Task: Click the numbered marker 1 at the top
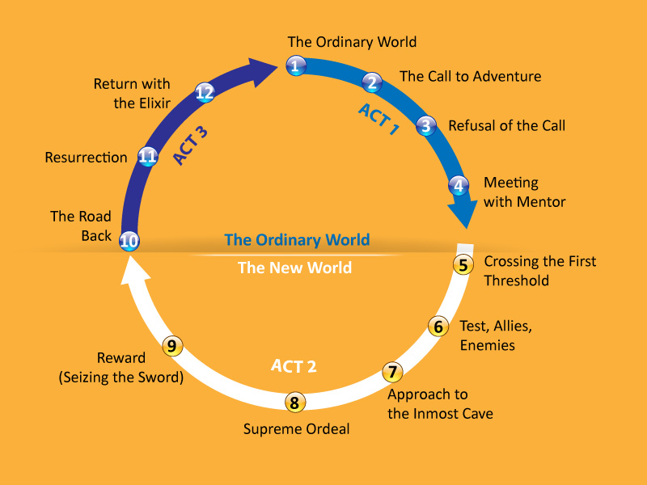point(296,66)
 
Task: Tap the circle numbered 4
point(459,185)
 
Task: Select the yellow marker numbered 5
point(463,264)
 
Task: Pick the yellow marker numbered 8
point(294,402)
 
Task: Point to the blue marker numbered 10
point(129,240)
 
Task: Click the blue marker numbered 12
point(205,92)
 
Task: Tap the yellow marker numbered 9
point(172,346)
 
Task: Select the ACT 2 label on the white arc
point(294,366)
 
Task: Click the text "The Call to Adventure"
point(470,77)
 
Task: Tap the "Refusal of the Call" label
point(506,125)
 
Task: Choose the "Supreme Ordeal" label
point(297,429)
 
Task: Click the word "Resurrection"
point(87,158)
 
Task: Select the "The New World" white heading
point(294,268)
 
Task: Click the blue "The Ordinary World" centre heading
point(297,240)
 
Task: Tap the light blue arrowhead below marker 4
point(462,216)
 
